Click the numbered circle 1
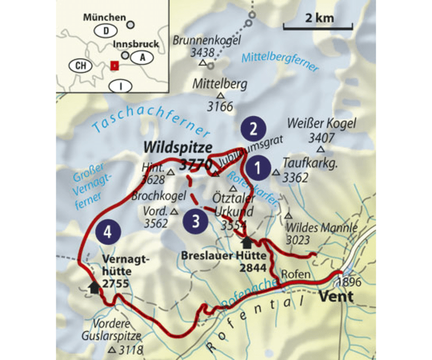[x=258, y=168]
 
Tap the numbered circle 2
[x=253, y=129]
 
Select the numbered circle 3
[x=196, y=221]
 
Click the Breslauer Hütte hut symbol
[x=247, y=242]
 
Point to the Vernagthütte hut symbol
[x=94, y=287]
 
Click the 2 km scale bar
[x=318, y=27]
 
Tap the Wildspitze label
[x=170, y=148]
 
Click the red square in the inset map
[x=115, y=66]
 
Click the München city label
[x=104, y=18]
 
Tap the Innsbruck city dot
[x=125, y=55]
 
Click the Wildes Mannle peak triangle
[x=287, y=215]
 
